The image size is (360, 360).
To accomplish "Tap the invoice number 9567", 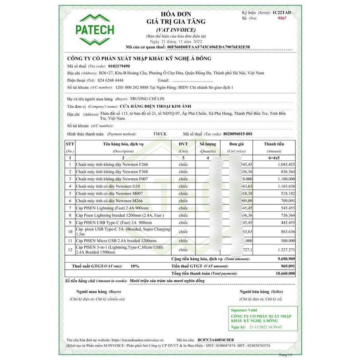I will pyautogui.click(x=282, y=18).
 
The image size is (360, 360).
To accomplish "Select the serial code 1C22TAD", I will pyautogui.click(x=282, y=13).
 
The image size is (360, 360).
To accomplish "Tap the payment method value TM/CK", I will pyautogui.click(x=160, y=134).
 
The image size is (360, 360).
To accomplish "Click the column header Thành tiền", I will pyautogui.click(x=274, y=144).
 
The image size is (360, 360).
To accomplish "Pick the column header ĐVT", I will pyautogui.click(x=183, y=144).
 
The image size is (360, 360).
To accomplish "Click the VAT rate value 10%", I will pyautogui.click(x=135, y=266).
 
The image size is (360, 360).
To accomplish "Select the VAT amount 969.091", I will pyautogui.click(x=286, y=266).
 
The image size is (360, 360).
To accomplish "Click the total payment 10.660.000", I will pyautogui.click(x=283, y=273).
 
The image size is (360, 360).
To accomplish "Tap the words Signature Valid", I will pyautogui.click(x=244, y=310).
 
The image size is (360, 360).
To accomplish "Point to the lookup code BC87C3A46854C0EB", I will pyautogui.click(x=216, y=340).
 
